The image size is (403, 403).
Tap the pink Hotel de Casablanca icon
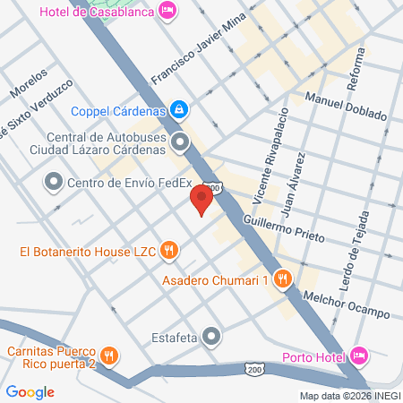[x=167, y=10]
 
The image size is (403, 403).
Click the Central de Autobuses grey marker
[x=181, y=141]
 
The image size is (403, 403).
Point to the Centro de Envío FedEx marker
[x=52, y=183]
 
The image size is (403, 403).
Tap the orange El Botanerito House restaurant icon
[x=168, y=252]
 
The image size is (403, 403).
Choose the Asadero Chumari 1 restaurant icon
[x=283, y=279]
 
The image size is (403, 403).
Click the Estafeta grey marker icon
[x=211, y=336]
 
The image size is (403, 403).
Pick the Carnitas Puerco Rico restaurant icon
[x=108, y=356]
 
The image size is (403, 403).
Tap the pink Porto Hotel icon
[x=360, y=356]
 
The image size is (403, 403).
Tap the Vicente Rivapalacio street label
[x=276, y=161]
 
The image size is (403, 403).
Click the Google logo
[x=30, y=391]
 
